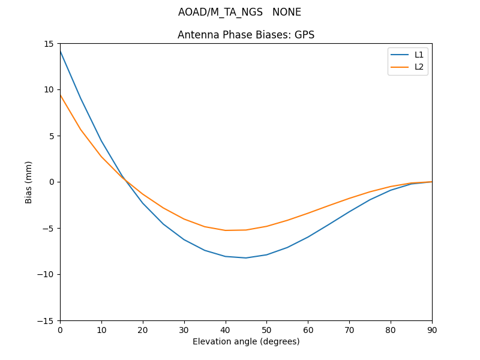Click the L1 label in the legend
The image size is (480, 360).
click(x=419, y=55)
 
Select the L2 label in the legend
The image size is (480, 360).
click(x=419, y=67)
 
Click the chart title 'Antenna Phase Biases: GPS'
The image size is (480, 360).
click(x=246, y=35)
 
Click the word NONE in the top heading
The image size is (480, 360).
click(x=287, y=12)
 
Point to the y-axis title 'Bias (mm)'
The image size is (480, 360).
click(x=29, y=182)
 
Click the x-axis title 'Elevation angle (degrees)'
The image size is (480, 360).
click(x=246, y=341)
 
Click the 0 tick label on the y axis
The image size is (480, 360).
click(x=52, y=182)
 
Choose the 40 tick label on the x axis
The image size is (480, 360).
click(x=225, y=329)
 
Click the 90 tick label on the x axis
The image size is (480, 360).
click(x=431, y=329)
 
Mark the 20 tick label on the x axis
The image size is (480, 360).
click(x=143, y=329)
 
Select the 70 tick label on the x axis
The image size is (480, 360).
click(x=349, y=329)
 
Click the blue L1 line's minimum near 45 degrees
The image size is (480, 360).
click(x=246, y=258)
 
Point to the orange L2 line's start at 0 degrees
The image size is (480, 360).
click(x=61, y=95)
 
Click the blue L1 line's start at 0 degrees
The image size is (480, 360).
click(x=61, y=52)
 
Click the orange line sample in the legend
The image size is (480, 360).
click(x=400, y=67)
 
